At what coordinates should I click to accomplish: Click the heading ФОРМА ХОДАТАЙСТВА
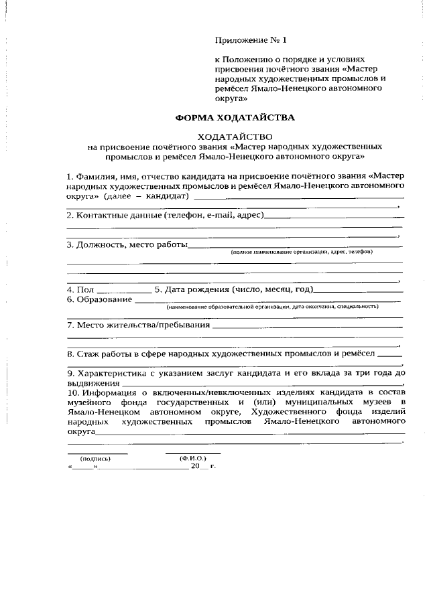235,117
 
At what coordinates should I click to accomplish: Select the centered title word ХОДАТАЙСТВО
235,136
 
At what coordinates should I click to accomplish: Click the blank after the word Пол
124,291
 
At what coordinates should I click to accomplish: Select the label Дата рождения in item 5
195,290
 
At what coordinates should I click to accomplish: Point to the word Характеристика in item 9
114,372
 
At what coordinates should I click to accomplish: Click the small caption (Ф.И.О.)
192,459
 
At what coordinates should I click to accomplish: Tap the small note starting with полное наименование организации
301,252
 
